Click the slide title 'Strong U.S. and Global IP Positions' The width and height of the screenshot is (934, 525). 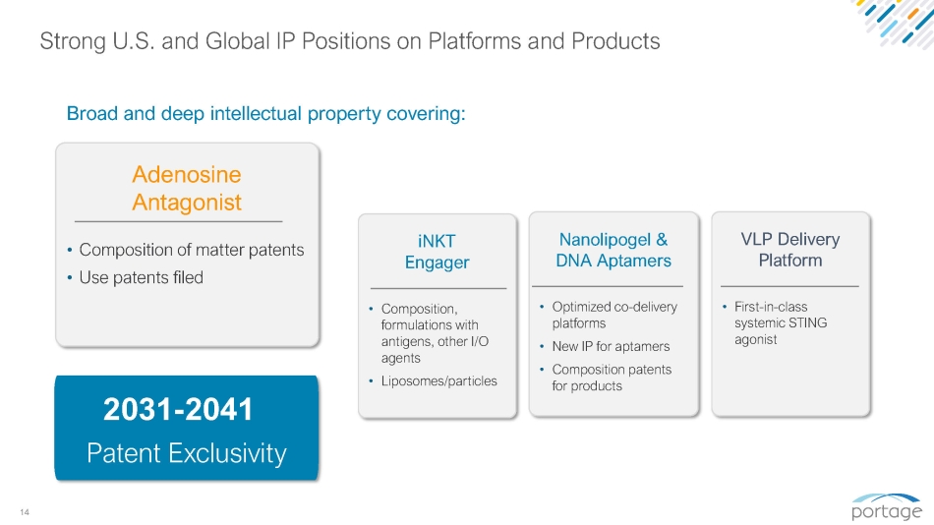[x=350, y=41]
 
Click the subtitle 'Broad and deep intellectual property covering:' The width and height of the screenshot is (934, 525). [x=265, y=113]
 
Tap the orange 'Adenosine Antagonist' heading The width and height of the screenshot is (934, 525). [x=187, y=189]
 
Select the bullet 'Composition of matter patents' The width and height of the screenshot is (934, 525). [x=191, y=250]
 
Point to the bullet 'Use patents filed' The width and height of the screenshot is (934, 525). [x=142, y=277]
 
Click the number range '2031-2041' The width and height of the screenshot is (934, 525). [x=178, y=409]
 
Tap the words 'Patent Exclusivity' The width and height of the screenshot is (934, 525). [x=187, y=453]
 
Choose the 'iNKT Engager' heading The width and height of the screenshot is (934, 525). [x=437, y=252]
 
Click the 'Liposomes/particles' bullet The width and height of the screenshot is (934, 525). [x=439, y=380]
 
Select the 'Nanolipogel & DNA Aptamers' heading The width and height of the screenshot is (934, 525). [x=613, y=250]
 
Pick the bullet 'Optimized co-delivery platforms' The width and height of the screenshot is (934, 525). [x=614, y=315]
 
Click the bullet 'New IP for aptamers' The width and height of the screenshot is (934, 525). [x=611, y=346]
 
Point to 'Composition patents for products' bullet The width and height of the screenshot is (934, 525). [x=612, y=378]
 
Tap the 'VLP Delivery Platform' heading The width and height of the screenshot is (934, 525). [x=789, y=250]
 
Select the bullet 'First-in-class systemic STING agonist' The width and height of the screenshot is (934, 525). [x=781, y=323]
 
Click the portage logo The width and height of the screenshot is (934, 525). [x=887, y=506]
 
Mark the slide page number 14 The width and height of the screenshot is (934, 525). [x=25, y=512]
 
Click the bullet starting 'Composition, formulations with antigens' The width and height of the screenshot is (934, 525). [x=435, y=333]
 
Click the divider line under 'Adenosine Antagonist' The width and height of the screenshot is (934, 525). [x=178, y=221]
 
